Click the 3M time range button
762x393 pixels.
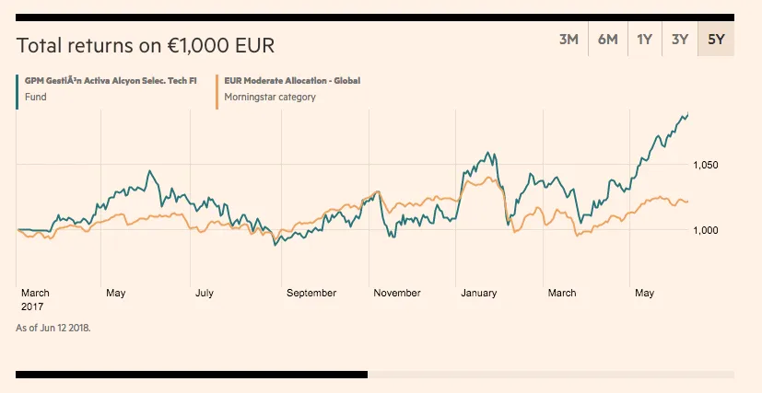click(x=569, y=40)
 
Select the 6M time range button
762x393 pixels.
click(x=607, y=40)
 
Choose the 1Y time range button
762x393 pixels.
click(x=644, y=40)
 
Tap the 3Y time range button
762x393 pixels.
click(x=680, y=40)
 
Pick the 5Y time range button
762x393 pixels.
click(x=716, y=40)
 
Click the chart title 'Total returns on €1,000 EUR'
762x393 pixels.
click(x=146, y=46)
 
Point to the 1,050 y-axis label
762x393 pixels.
click(x=705, y=166)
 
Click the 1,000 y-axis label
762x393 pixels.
click(x=705, y=230)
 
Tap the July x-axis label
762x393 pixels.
click(x=205, y=294)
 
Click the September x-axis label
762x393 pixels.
click(x=311, y=294)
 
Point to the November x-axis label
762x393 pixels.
click(x=397, y=294)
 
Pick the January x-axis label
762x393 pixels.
click(x=479, y=294)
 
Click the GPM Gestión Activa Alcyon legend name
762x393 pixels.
click(x=111, y=81)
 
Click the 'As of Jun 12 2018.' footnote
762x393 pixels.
click(x=53, y=327)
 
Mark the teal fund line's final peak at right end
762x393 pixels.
click(x=687, y=113)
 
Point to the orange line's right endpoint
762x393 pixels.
click(x=686, y=202)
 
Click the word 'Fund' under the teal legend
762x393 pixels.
click(x=35, y=97)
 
